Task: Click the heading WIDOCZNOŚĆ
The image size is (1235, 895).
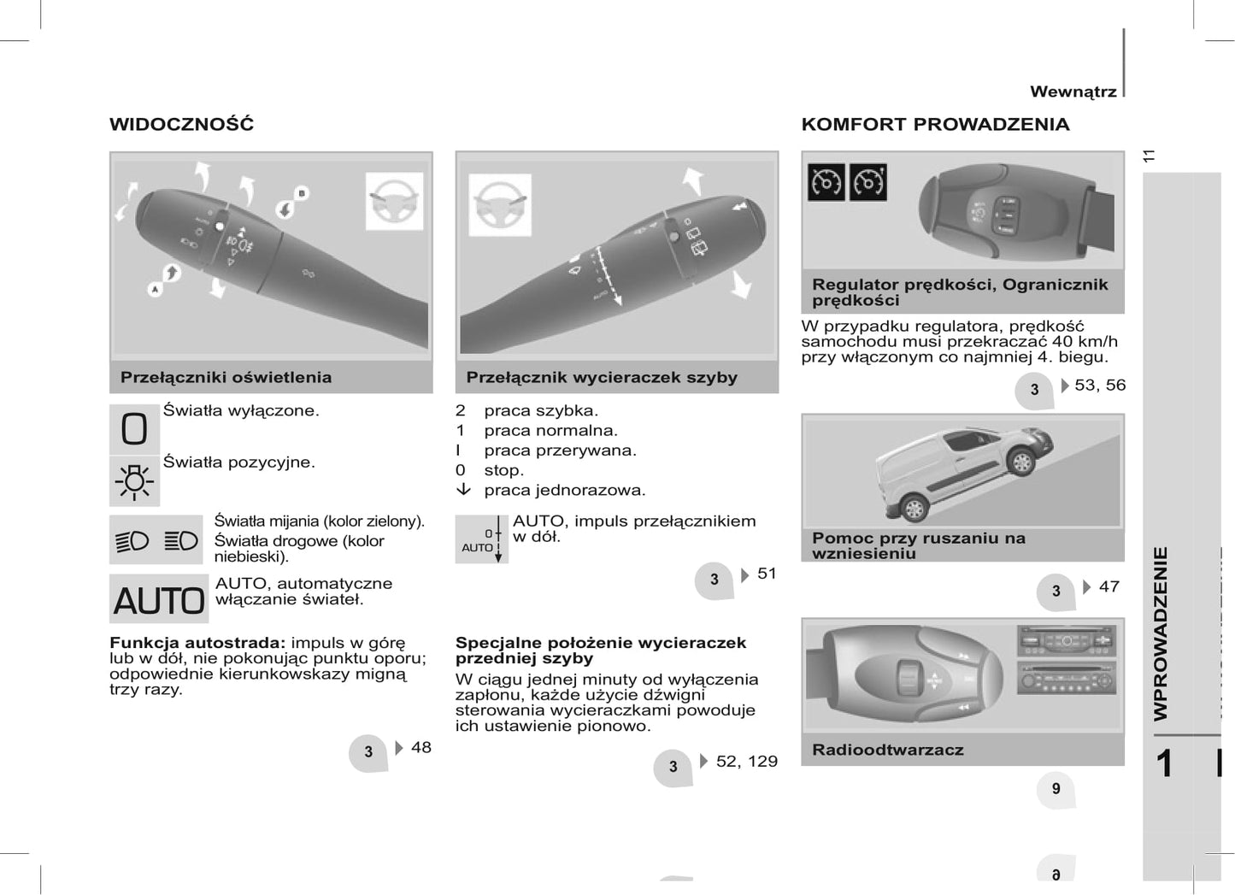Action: tap(181, 124)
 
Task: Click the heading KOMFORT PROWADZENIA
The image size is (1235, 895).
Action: tap(935, 124)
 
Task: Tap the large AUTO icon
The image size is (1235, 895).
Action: tap(159, 599)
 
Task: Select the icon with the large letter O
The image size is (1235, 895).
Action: tap(134, 428)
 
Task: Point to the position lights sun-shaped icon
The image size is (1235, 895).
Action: tap(134, 480)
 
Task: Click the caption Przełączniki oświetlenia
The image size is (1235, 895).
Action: tap(226, 377)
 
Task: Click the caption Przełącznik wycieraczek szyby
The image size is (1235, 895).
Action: tap(601, 377)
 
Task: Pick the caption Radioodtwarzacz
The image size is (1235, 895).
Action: tap(887, 750)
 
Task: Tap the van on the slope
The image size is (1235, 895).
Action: tap(965, 470)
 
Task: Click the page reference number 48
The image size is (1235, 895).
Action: tap(420, 747)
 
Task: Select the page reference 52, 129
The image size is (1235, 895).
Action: tap(746, 761)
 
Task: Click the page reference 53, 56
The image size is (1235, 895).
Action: tap(1099, 385)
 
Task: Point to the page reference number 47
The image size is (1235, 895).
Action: tap(1109, 586)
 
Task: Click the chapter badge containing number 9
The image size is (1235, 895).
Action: tap(1056, 789)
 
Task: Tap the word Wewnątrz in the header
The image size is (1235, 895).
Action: tap(1073, 91)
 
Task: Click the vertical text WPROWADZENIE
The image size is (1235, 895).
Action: tap(1161, 633)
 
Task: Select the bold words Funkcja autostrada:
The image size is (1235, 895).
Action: tap(197, 643)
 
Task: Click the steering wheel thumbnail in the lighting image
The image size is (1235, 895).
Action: tap(394, 201)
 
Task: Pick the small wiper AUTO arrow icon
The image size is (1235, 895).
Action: tap(481, 539)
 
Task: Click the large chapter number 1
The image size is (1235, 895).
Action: tap(1164, 763)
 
